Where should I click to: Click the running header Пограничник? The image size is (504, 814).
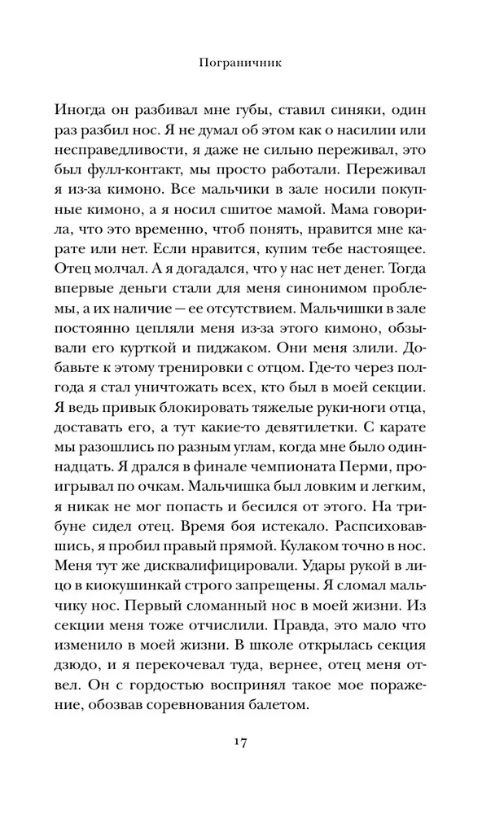click(x=252, y=59)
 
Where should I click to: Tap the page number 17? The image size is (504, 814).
click(x=252, y=743)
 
